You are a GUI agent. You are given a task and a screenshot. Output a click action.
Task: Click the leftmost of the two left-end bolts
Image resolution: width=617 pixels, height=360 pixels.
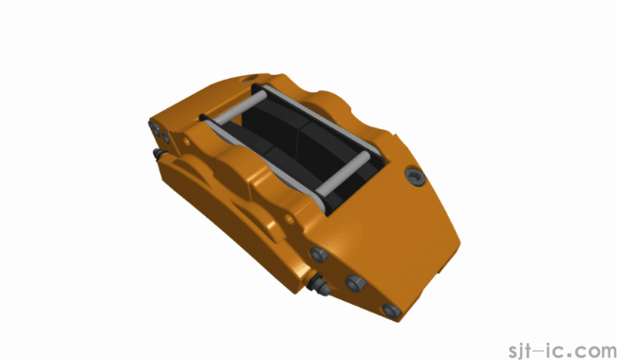pyautogui.click(x=156, y=125)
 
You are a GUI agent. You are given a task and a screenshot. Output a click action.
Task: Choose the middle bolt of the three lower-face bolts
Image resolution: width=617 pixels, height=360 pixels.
pyautogui.click(x=354, y=282)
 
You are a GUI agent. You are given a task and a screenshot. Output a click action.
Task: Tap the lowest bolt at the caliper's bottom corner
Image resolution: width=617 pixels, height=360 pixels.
pyautogui.click(x=388, y=311)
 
